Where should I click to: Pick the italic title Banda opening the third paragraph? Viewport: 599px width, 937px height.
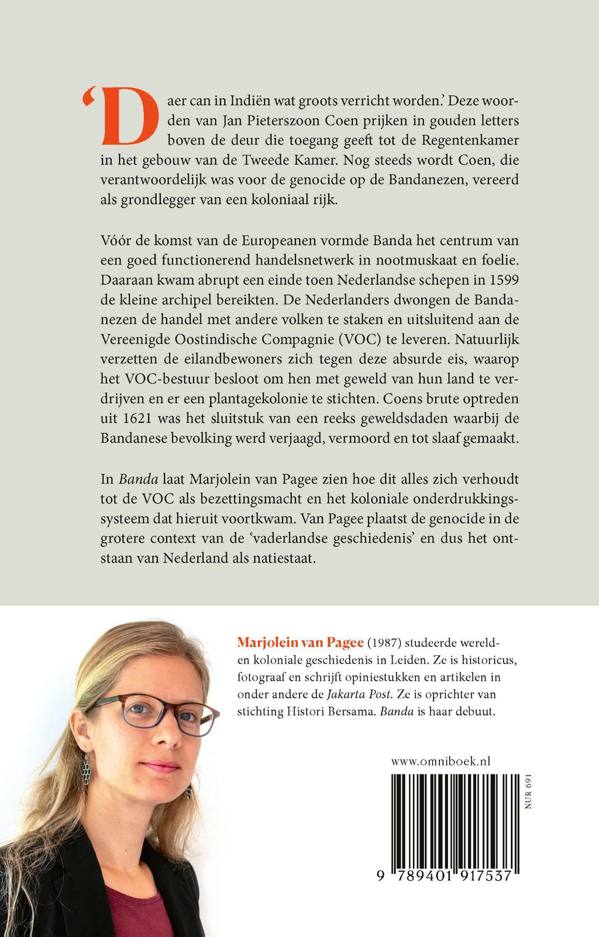138,479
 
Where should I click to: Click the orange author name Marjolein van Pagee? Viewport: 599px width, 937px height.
300,643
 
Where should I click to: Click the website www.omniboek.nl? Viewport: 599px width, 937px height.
440,761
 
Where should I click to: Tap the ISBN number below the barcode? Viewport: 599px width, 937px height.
446,876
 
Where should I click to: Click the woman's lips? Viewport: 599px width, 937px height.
160,766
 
